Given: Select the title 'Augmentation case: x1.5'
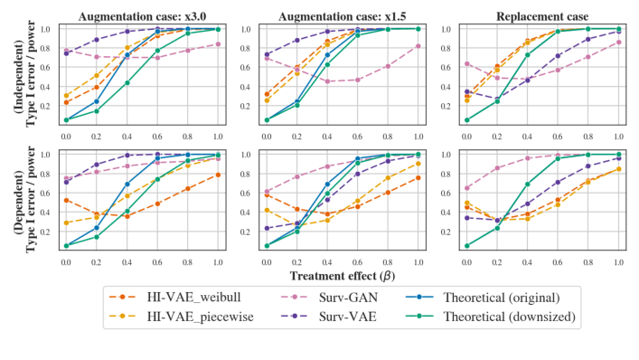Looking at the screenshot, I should [342, 14].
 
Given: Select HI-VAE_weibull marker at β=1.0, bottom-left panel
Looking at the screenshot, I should [218, 175].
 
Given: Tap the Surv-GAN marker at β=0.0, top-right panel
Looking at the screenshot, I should [465, 63].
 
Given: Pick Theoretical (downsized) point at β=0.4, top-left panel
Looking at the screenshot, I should [127, 82].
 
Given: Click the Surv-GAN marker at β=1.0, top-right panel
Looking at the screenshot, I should [617, 42].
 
